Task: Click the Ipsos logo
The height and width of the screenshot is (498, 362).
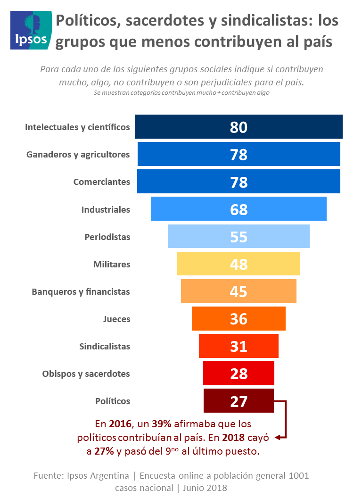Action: [x=31, y=30]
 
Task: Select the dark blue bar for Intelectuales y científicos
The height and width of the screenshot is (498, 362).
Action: [x=189, y=127]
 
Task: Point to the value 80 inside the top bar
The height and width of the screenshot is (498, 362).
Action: [x=239, y=127]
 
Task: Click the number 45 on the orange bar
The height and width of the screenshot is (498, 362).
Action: [x=239, y=291]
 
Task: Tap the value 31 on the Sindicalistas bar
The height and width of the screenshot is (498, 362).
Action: [x=239, y=346]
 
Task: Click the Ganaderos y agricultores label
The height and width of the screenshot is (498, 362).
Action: [x=78, y=155]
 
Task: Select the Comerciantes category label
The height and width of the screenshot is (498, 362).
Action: [x=101, y=182]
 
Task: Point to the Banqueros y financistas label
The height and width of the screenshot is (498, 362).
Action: [x=81, y=291]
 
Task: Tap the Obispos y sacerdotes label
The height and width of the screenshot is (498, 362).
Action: [x=86, y=373]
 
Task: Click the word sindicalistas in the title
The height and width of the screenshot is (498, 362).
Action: [x=266, y=21]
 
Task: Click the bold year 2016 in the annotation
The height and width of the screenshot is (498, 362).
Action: [x=120, y=423]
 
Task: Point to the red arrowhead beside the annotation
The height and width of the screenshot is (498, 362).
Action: [x=278, y=438]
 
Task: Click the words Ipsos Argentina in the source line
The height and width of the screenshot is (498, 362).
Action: [x=95, y=475]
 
